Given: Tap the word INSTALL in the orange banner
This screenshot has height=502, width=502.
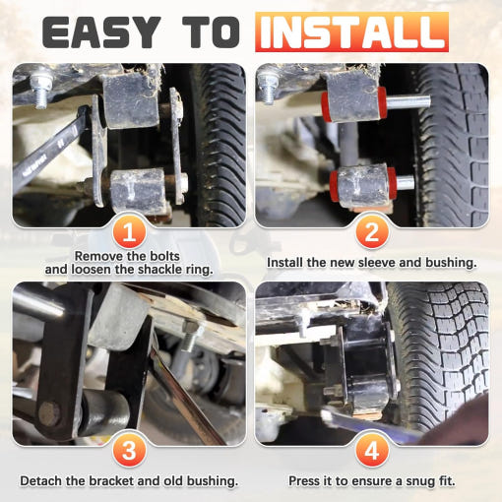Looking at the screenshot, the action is (x=351, y=32).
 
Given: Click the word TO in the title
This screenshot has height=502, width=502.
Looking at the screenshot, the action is (x=211, y=32).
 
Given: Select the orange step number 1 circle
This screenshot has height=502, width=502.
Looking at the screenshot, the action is (x=129, y=231).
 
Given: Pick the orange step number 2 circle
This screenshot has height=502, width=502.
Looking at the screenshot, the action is (x=372, y=231).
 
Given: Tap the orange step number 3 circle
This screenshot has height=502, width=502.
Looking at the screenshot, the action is (x=129, y=450).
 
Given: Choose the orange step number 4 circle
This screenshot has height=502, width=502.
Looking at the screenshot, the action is (x=372, y=450).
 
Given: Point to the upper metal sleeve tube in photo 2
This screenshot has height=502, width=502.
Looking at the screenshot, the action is (x=408, y=101).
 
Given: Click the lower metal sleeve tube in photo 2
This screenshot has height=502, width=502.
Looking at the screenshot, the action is (x=405, y=182).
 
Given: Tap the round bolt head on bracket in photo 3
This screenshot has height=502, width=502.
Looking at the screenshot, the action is (x=49, y=414).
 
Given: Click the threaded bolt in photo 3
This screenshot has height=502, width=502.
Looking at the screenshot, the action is (x=190, y=338).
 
